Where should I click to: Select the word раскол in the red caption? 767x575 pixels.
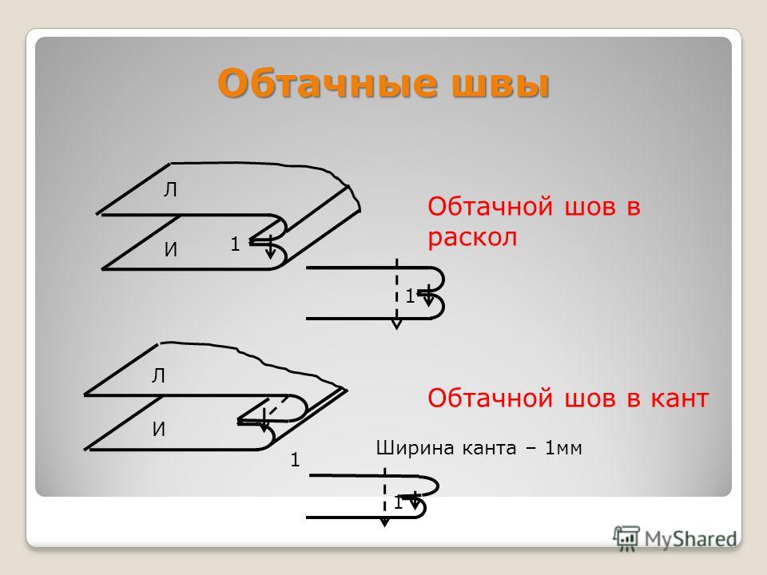472,239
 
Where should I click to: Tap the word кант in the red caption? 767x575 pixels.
679,398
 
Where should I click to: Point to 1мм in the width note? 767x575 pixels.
563,448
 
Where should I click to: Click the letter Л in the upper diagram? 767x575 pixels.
170,190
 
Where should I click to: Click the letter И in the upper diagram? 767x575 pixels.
170,250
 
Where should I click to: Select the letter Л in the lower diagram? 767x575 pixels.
158,376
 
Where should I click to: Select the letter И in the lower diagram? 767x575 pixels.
158,430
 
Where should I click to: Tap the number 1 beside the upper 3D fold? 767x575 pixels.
235,244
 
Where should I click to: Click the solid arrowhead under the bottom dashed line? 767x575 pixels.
385,521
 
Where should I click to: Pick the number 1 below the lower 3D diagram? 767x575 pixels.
295,460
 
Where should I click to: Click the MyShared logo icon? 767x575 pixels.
626,538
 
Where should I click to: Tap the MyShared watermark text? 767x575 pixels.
690,539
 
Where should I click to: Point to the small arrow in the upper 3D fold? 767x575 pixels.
270,248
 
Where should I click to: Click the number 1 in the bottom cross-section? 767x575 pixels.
398,502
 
